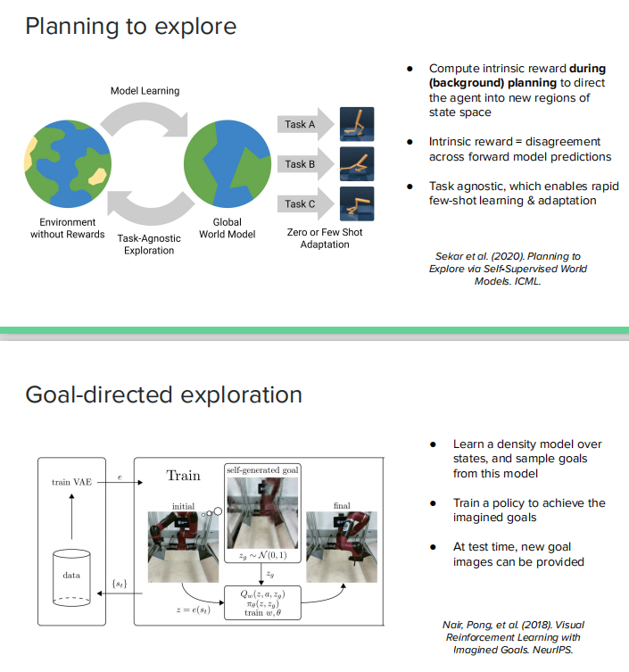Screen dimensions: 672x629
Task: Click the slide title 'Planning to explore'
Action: pyautogui.click(x=130, y=26)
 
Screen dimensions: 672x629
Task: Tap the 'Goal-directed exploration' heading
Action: pyautogui.click(x=163, y=394)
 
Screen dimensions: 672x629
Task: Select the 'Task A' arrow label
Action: pyautogui.click(x=299, y=124)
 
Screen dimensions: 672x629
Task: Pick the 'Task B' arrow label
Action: pyautogui.click(x=299, y=163)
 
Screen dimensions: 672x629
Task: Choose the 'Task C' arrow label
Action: pyautogui.click(x=299, y=203)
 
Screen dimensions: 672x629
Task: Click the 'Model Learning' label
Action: pyautogui.click(x=145, y=91)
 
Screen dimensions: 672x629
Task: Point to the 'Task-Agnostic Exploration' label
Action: pyautogui.click(x=149, y=245)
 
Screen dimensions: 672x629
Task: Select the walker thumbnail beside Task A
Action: pyautogui.click(x=357, y=124)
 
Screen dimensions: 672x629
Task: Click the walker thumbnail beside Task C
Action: pyautogui.click(x=357, y=203)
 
